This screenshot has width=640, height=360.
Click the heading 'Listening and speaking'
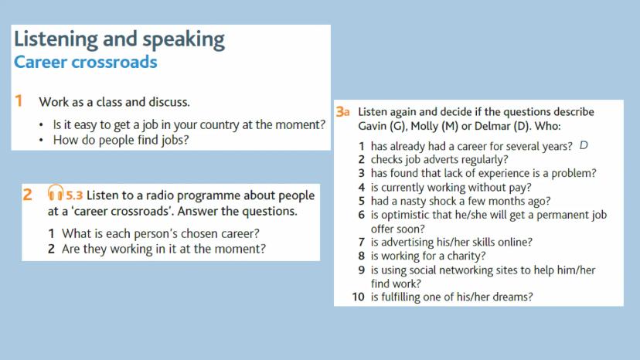pyautogui.click(x=119, y=40)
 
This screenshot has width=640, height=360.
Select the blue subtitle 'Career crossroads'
pyautogui.click(x=85, y=62)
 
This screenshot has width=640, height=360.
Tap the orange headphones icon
pyautogui.click(x=56, y=192)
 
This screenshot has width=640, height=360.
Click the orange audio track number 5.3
pyautogui.click(x=74, y=195)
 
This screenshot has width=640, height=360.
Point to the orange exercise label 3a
pyautogui.click(x=343, y=112)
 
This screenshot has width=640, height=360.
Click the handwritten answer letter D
pyautogui.click(x=584, y=145)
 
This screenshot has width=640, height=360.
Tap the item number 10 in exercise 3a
pyautogui.click(x=358, y=297)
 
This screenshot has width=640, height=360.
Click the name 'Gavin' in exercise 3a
pyautogui.click(x=373, y=126)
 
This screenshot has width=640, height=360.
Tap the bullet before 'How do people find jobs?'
pyautogui.click(x=41, y=141)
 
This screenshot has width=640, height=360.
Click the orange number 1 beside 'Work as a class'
pyautogui.click(x=19, y=101)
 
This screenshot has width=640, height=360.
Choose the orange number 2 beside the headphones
pyautogui.click(x=27, y=195)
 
